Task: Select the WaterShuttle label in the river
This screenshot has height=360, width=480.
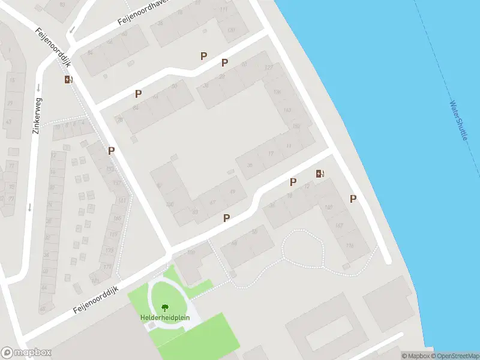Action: coord(458,120)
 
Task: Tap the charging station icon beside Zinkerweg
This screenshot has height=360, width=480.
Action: coord(68,79)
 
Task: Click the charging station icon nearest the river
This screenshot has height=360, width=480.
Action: coord(320,174)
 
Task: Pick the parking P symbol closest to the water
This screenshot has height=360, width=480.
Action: coord(353,199)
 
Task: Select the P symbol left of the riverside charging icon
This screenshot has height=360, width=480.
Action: coord(293,182)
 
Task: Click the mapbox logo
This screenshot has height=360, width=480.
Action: coord(26,353)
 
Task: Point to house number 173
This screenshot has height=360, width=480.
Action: coord(108,266)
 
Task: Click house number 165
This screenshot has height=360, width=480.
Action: coord(117,218)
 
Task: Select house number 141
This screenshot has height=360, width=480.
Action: coord(122,200)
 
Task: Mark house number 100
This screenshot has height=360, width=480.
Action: coord(170,205)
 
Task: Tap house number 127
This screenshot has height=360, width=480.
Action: coord(268,67)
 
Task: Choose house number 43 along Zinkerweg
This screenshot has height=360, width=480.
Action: coord(8,121)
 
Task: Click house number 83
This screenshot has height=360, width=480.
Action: coord(195,211)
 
